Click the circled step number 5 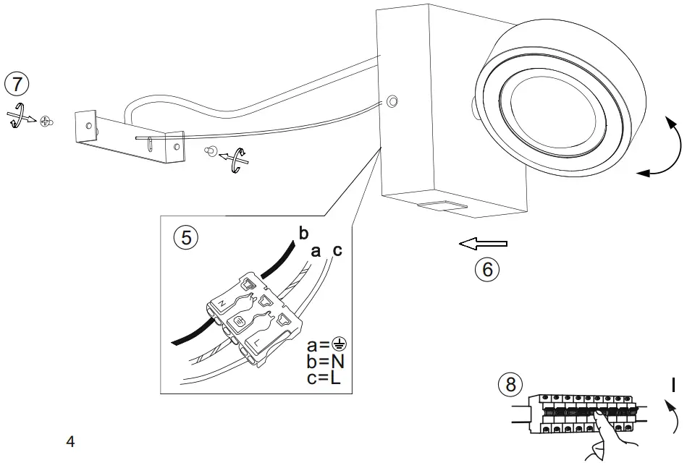[186, 238]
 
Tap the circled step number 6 [487, 269]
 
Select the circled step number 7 [17, 83]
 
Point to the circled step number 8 [511, 384]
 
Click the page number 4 [70, 441]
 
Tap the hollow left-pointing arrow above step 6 [483, 244]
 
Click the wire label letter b [303, 233]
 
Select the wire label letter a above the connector [315, 251]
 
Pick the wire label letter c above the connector [337, 251]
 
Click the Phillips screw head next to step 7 [47, 120]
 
